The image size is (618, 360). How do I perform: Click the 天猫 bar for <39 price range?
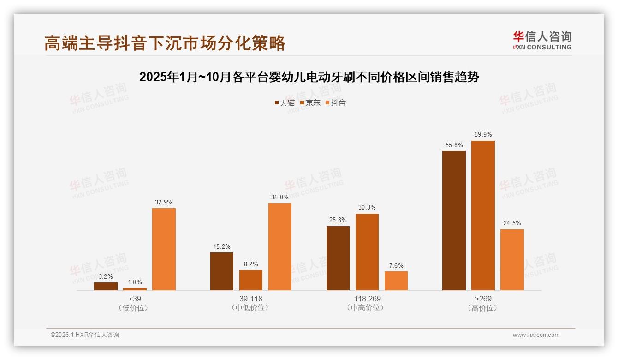click(106, 286)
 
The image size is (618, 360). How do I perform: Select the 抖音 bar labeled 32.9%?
click(164, 249)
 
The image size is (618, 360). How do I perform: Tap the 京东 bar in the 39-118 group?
click(251, 280)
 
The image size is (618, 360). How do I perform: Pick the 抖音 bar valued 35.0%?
click(280, 246)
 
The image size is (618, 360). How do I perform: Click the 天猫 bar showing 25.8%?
click(338, 258)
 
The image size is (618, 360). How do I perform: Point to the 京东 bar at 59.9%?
click(483, 216)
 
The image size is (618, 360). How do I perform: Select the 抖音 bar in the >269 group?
click(512, 260)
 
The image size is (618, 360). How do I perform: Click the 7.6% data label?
click(396, 265)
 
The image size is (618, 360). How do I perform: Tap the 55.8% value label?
click(454, 145)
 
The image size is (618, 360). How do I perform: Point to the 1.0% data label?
click(135, 282)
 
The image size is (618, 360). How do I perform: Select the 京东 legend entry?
click(310, 102)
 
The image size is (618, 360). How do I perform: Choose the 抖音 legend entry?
click(336, 102)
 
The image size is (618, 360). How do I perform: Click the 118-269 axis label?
click(367, 299)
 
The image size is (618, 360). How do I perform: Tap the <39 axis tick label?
click(135, 299)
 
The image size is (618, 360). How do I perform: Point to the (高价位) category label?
click(483, 308)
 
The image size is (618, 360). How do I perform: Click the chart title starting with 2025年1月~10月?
click(309, 77)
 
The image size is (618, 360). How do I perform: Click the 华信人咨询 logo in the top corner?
click(542, 40)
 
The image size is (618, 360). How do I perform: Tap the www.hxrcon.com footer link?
click(536, 335)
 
